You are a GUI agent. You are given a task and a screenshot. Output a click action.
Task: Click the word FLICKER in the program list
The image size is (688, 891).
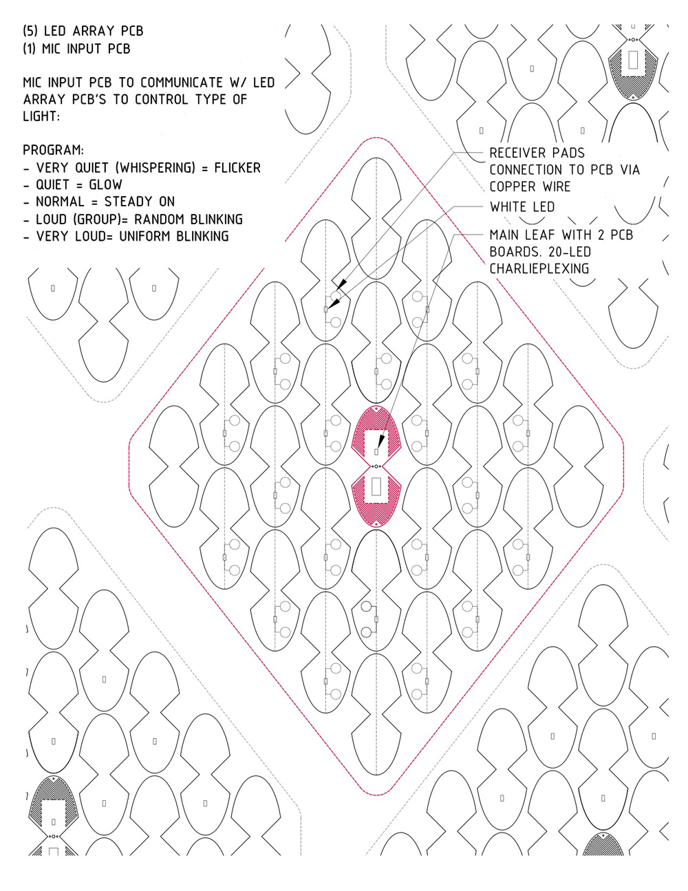[237, 168]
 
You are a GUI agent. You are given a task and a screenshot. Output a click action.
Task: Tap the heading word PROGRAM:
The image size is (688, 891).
[53, 150]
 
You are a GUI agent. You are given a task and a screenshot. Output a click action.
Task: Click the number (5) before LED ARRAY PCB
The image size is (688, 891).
[31, 31]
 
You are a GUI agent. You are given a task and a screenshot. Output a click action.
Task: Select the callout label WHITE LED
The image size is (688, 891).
[522, 206]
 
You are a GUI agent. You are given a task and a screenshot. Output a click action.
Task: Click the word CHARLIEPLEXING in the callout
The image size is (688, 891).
[539, 268]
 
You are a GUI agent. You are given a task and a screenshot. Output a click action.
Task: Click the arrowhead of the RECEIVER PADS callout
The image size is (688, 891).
[340, 285]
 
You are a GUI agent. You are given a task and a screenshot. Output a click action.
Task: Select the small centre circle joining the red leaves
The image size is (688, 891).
[376, 466]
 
